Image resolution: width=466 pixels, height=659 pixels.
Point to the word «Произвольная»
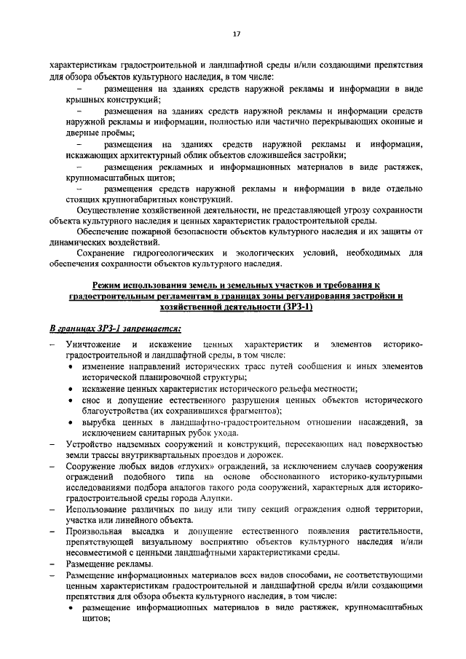point(95,533)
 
